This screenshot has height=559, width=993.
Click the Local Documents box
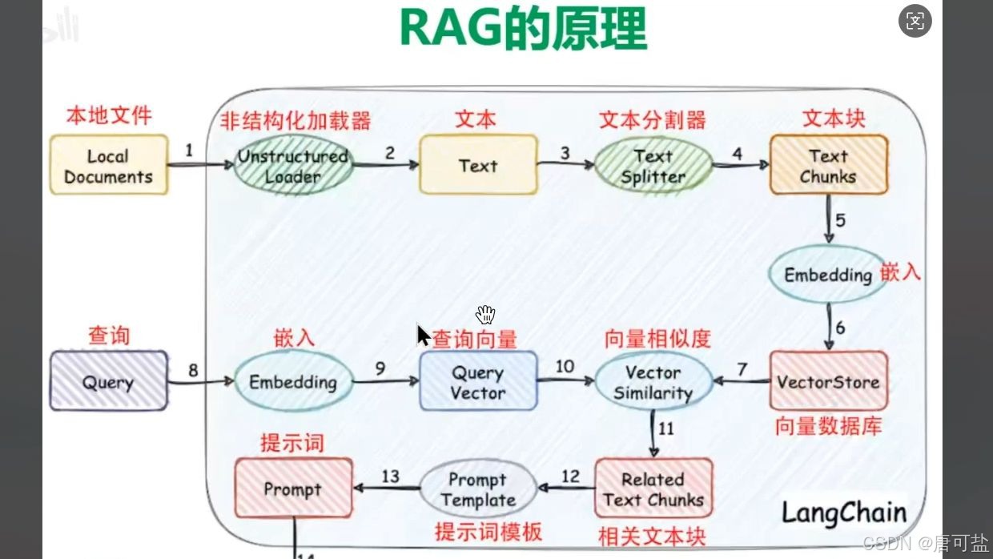click(109, 166)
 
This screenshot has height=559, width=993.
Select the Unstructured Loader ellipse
click(293, 166)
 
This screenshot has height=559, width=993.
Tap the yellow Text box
click(478, 165)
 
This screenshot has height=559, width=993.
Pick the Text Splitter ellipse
click(653, 166)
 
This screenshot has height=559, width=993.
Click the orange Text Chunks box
click(828, 165)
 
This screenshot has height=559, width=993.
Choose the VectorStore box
click(828, 381)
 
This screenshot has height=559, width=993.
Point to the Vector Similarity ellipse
click(653, 382)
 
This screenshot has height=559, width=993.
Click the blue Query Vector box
click(478, 382)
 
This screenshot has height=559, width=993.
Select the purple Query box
click(109, 381)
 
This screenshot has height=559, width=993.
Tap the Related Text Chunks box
click(653, 489)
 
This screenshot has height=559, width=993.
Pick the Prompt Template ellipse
click(478, 489)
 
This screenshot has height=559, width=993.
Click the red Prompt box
click(293, 488)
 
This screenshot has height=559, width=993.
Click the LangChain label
click(844, 512)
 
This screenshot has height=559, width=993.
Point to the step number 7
click(742, 369)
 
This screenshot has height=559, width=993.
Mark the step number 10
click(565, 366)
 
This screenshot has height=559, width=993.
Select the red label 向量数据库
click(828, 425)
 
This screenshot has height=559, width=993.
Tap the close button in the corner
click(915, 22)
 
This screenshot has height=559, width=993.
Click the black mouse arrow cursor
click(423, 333)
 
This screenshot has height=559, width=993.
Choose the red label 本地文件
click(109, 115)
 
